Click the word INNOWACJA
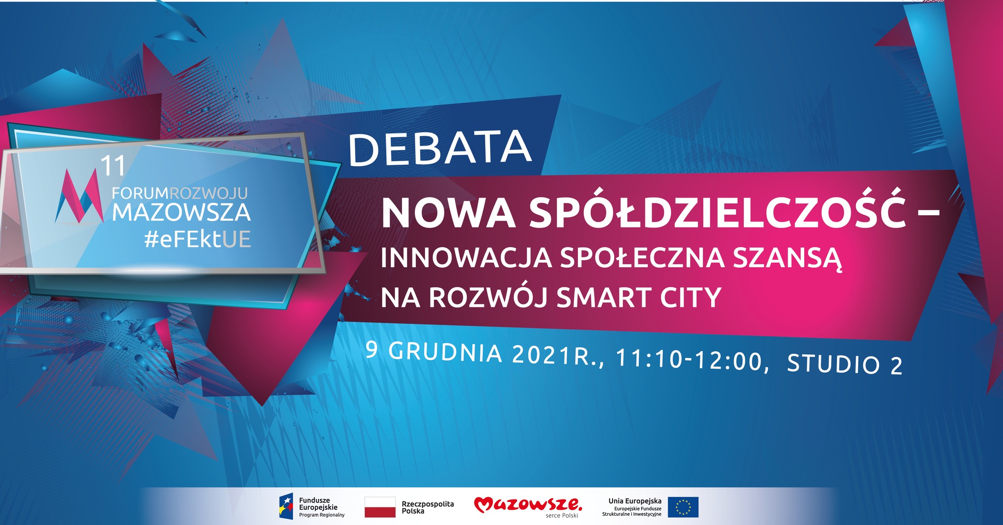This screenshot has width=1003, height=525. tap(466, 258)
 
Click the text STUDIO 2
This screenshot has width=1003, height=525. tap(845, 365)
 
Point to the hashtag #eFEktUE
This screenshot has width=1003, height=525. tap(198, 239)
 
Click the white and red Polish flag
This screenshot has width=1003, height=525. tap(380, 507)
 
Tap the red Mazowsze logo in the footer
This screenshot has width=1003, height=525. tap(528, 505)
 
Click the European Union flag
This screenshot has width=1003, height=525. tap(683, 507)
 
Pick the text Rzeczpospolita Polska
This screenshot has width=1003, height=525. tap(428, 507)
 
